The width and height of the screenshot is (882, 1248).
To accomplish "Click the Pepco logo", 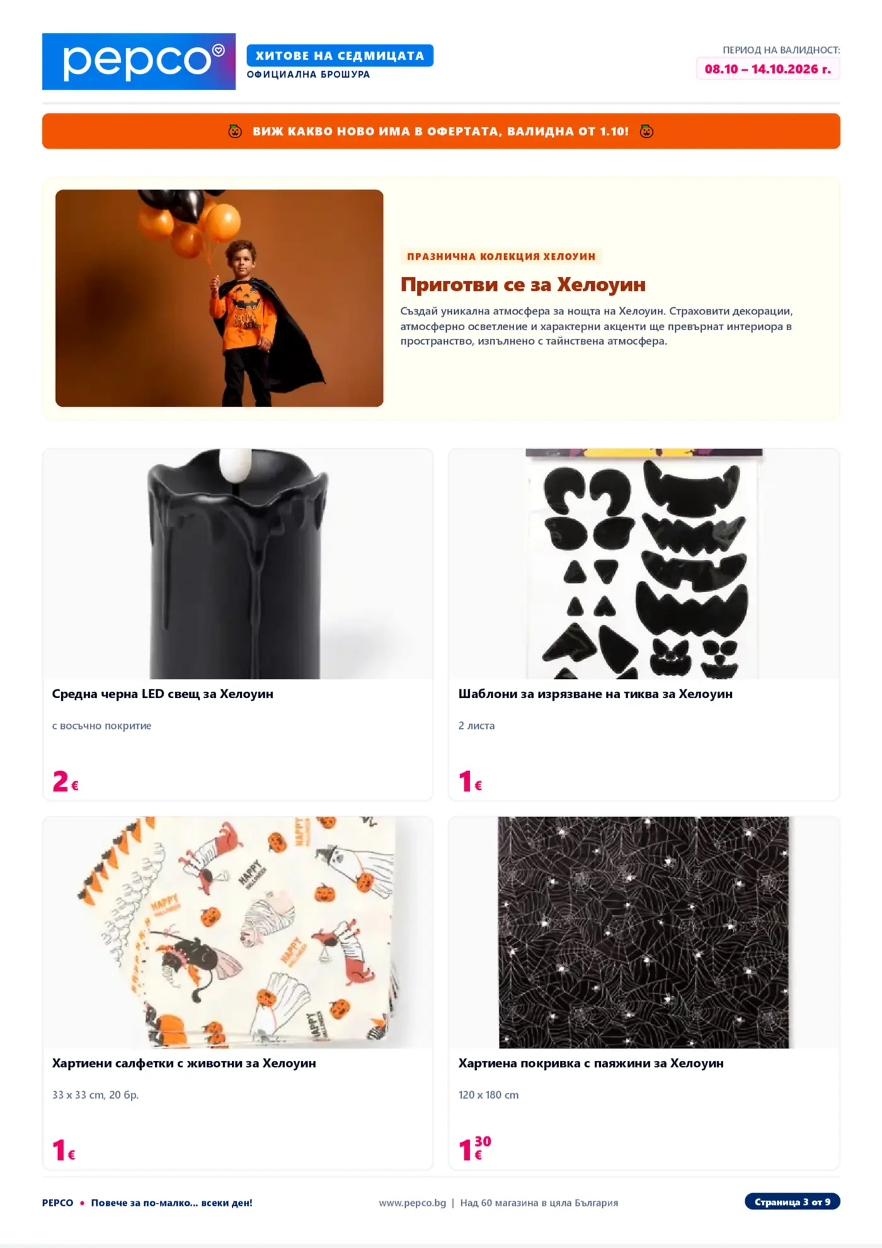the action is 139,61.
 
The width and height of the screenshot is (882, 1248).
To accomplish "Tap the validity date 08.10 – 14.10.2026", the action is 767,69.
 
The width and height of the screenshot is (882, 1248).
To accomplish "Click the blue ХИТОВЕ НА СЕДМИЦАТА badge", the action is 340,55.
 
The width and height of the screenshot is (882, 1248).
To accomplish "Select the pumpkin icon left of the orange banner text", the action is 235,131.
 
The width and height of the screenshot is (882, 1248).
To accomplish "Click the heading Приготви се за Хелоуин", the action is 523,284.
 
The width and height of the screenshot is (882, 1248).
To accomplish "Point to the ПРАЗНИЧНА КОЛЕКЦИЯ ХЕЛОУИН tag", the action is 501,256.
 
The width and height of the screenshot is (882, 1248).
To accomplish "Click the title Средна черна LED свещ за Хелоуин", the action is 163,694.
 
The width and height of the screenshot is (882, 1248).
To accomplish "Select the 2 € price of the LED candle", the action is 66,781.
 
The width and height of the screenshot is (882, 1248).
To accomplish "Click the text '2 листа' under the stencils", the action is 476,726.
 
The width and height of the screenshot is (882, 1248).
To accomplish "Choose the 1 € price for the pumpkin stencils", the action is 471,781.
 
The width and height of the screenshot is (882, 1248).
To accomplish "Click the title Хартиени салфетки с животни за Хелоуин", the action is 184,1063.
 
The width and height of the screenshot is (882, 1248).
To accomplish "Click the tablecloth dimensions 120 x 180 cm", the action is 488,1095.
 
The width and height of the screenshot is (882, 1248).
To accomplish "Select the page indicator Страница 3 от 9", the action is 792,1202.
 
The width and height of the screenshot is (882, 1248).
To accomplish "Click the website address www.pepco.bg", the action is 412,1203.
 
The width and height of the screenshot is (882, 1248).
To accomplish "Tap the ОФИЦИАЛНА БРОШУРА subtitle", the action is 308,74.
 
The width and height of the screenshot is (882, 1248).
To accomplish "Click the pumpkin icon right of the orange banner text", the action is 646,131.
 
